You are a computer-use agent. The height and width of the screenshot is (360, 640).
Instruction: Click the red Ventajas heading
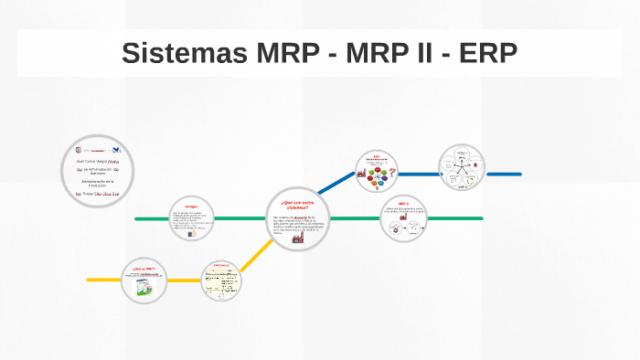click(191, 206)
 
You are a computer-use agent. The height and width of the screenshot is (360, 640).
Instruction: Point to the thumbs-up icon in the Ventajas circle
click(192, 233)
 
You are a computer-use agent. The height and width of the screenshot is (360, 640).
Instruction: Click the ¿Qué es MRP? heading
click(144, 269)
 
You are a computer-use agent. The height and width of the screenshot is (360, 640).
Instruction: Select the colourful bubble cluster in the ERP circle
click(377, 178)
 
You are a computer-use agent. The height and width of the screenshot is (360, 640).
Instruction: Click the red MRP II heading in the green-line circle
click(403, 204)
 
